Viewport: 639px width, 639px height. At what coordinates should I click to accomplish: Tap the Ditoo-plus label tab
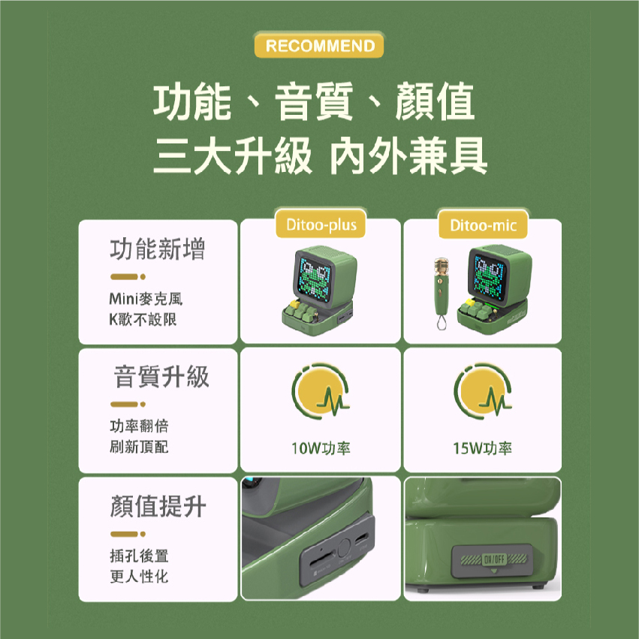pos(321,225)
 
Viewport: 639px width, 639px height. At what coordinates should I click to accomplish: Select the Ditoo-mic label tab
pos(483,225)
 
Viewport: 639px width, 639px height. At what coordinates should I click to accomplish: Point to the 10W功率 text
pos(321,448)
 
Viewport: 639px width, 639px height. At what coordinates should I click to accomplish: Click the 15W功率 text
pos(483,448)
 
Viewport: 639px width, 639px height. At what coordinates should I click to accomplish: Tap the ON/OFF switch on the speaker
pos(493,559)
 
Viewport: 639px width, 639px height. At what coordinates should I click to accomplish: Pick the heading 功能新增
pos(157,249)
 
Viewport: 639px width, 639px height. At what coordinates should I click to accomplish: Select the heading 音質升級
pos(161,376)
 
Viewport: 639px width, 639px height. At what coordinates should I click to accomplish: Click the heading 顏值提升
pos(158,506)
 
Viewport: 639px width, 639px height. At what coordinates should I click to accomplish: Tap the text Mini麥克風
pos(146,299)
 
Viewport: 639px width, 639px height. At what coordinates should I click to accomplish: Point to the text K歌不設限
pos(143,319)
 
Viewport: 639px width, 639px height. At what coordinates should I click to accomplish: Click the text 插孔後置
pos(139,556)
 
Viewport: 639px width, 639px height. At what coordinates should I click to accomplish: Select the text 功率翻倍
pos(139,426)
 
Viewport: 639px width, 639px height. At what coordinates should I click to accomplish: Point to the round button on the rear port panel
pos(344,547)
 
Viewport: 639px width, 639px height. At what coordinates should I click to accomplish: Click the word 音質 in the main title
pos(314,101)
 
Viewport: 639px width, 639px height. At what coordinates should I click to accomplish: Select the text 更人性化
pos(139,576)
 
